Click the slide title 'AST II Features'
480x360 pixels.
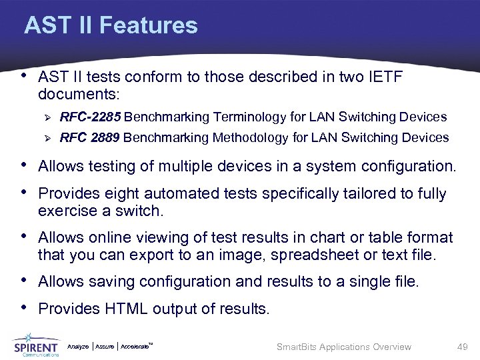111,26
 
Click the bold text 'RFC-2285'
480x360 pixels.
90,117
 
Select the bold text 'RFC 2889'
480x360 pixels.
90,138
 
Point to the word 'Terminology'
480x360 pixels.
249,117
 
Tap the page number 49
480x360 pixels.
462,347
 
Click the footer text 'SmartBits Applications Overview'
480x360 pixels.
344,347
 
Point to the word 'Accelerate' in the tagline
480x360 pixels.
135,347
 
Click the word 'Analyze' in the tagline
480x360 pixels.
79,347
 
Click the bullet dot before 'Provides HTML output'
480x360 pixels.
25,307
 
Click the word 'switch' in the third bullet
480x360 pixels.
141,211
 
